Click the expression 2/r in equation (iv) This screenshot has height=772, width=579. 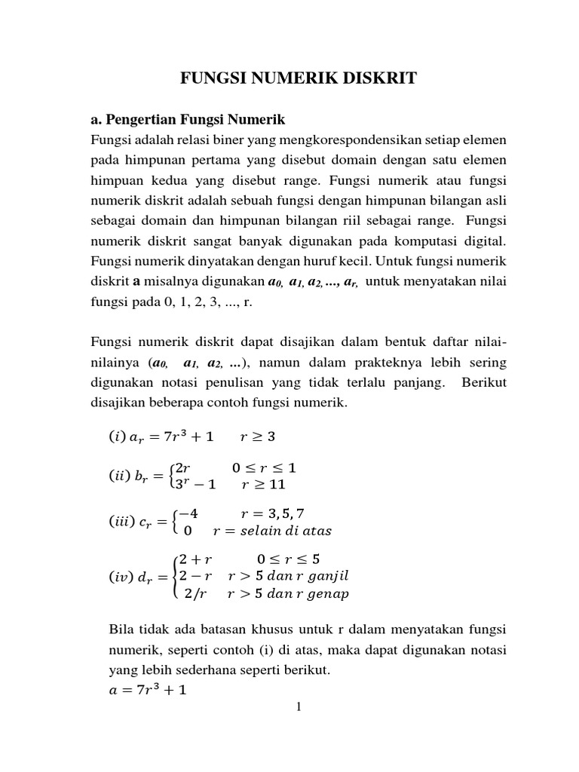(x=195, y=593)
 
